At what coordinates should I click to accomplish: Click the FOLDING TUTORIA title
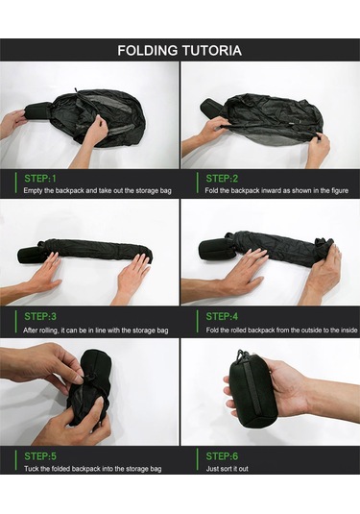[180, 50]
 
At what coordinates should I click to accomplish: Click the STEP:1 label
[40, 179]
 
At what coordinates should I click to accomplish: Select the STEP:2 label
[222, 179]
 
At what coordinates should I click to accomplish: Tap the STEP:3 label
[40, 316]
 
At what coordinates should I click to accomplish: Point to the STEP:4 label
[222, 316]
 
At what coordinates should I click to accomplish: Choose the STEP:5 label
[40, 456]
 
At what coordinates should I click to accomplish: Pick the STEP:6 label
[222, 456]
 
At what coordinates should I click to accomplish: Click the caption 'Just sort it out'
[227, 469]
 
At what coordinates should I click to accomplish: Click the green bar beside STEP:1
[15, 183]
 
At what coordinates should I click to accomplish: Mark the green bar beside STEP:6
[198, 460]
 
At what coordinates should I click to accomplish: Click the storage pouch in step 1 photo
[38, 111]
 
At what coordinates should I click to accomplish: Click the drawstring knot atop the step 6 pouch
[241, 355]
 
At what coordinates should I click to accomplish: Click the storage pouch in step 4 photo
[216, 249]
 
